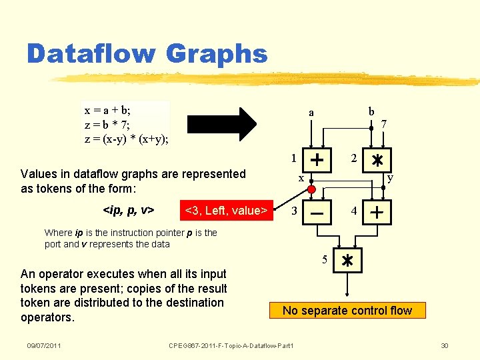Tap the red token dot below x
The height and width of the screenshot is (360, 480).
311,189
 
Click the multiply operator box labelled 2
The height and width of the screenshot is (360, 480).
377,160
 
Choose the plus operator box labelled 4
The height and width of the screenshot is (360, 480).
377,213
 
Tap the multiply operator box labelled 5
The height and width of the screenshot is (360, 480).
347,261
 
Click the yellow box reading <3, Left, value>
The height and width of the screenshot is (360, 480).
226,211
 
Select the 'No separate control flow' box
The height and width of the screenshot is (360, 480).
347,310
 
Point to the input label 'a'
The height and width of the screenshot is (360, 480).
311,113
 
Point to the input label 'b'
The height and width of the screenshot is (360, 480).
371,111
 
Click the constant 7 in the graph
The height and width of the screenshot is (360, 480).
384,124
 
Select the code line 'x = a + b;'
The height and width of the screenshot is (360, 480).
113,110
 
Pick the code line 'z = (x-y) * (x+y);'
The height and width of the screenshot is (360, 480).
126,139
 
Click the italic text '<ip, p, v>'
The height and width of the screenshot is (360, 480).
129,211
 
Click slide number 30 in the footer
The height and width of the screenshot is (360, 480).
445,345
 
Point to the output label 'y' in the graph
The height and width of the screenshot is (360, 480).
389,178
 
